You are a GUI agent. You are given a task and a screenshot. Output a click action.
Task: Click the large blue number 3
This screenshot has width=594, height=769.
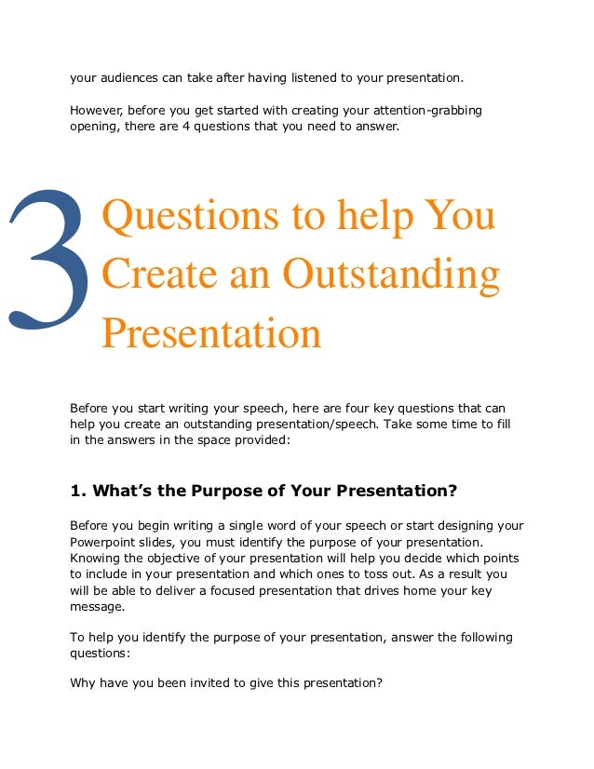[x=51, y=261]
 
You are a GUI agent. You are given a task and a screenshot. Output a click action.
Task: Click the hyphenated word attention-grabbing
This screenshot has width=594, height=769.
[x=429, y=112]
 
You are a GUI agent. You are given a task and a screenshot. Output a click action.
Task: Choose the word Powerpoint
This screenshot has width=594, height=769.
[x=113, y=541]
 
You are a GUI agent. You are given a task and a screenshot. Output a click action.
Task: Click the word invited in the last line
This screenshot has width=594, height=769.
[x=209, y=682]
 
